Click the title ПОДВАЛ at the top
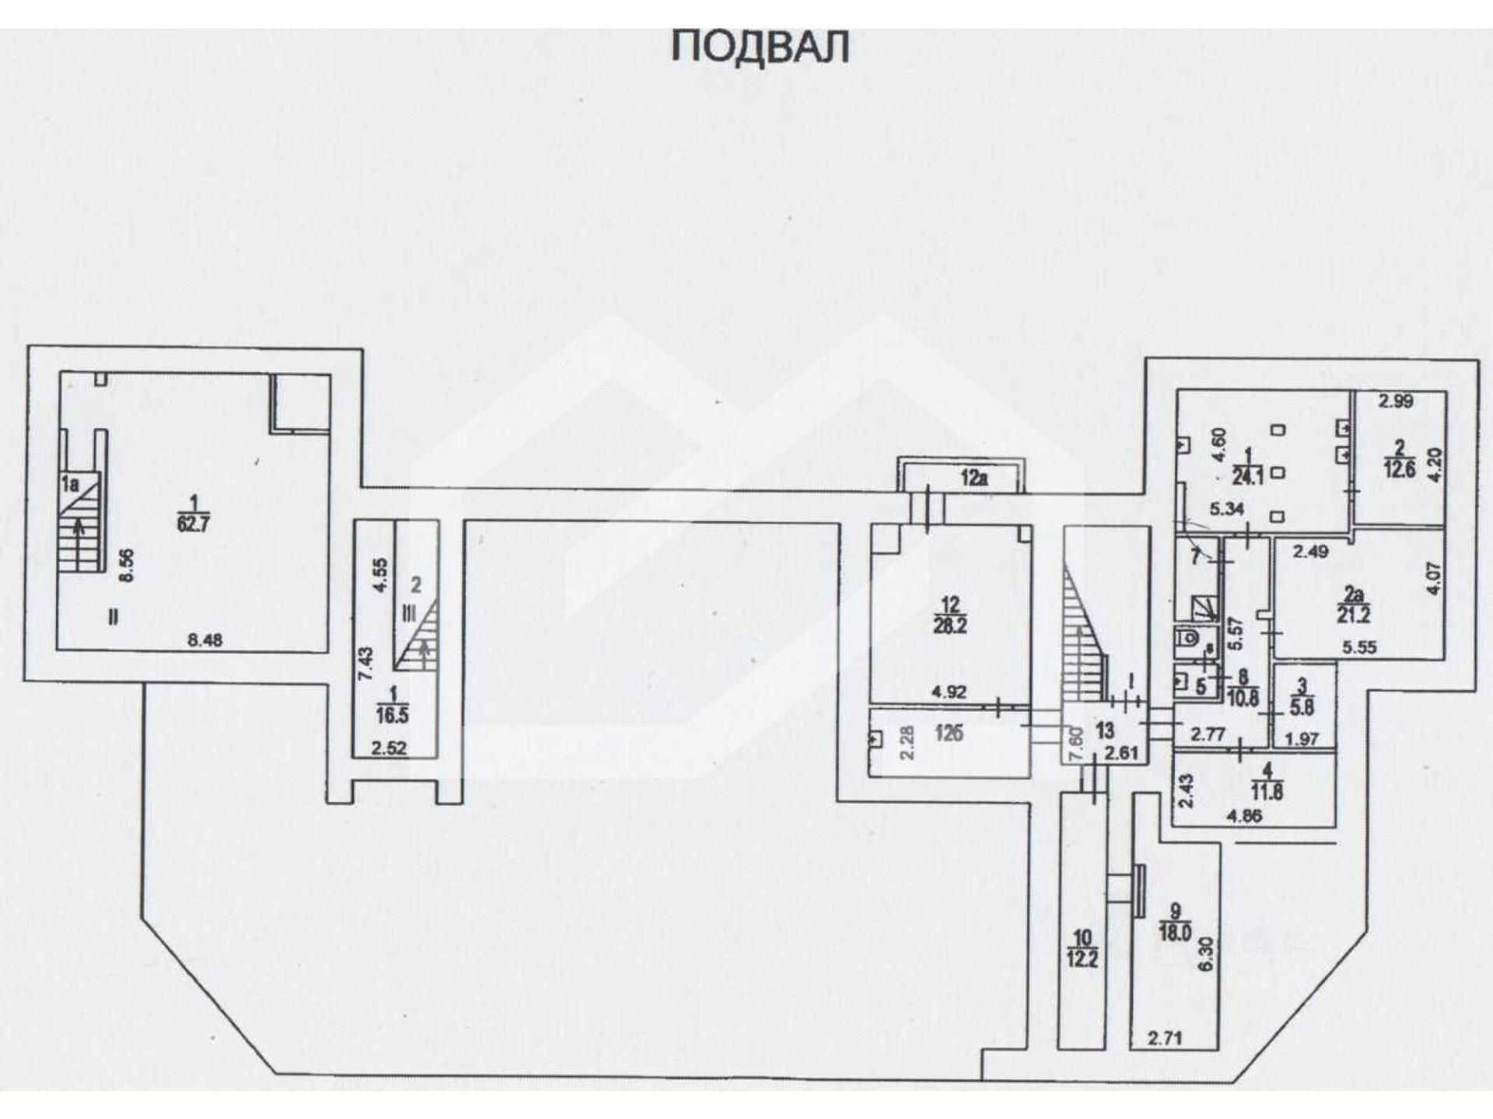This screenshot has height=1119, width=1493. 760,47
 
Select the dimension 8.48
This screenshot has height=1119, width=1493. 205,640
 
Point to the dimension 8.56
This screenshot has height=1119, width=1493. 129,565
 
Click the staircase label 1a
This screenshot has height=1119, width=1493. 71,484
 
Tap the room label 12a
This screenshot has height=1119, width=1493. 973,479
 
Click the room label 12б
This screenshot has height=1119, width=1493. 950,733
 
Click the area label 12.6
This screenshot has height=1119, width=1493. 1399,469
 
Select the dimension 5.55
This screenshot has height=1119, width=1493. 1359,647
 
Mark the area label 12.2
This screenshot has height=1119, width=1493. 1082,959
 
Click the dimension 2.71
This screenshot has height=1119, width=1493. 1164,1037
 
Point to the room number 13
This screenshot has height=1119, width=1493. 1104,730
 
